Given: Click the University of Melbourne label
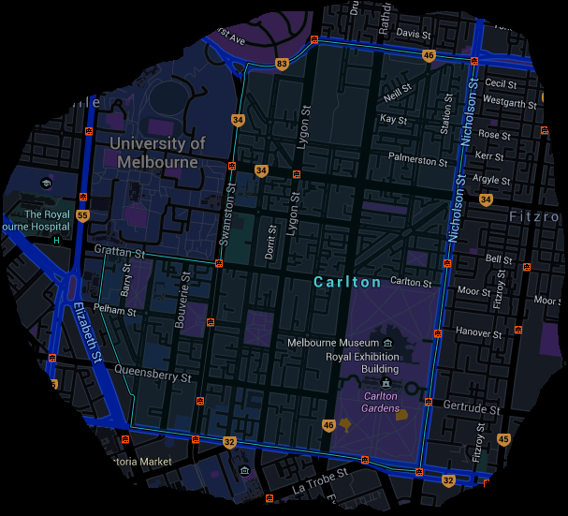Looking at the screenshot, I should tap(157, 153).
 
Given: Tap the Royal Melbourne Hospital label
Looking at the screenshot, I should tap(36, 220).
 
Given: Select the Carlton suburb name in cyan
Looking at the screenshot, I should tap(347, 282).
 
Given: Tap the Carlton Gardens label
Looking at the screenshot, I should tap(381, 402).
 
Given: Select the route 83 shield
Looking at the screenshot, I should tap(282, 64).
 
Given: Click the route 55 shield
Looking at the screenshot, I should tap(82, 216).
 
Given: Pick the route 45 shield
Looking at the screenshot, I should tap(503, 439).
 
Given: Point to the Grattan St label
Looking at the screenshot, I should tap(120, 252).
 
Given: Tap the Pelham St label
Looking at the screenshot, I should tap(116, 310).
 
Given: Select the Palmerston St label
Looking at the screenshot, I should tap(418, 160).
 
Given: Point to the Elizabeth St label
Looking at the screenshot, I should tap(87, 332).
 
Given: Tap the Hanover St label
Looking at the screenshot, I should tap(478, 332).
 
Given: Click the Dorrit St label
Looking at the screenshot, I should tap(272, 241).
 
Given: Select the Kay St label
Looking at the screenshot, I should tap(393, 120).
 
